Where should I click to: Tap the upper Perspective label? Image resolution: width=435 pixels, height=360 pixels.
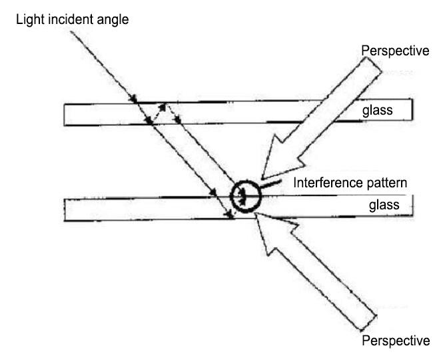tap(394, 51)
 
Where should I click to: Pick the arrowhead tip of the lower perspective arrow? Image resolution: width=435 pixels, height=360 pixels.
tap(256, 215)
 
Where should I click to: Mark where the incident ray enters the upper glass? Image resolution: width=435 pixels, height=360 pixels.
tap(135, 102)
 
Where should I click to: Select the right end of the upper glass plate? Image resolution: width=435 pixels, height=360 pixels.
tap(412, 112)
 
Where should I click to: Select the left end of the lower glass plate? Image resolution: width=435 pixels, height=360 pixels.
tap(65, 209)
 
